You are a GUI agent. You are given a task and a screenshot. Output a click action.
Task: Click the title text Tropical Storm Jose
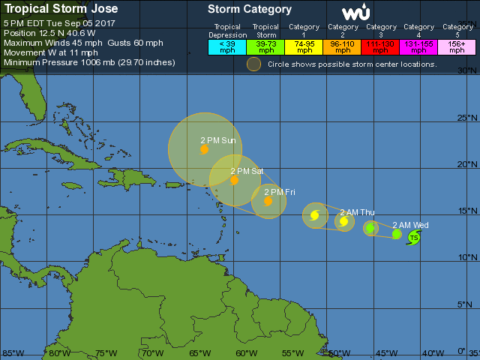(x=55, y=10)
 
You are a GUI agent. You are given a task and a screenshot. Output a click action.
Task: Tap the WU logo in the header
(x=355, y=13)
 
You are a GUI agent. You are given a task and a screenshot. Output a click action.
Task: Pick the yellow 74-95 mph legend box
(x=304, y=46)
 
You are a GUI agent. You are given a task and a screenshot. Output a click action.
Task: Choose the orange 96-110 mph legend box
(x=343, y=46)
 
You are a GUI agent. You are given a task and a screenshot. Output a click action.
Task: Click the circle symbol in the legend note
(x=254, y=64)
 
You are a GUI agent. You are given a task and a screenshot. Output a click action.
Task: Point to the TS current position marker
(x=414, y=238)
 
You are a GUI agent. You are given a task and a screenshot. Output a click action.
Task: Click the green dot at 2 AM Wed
(x=397, y=234)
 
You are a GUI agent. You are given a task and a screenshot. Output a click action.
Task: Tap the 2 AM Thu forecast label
(x=357, y=212)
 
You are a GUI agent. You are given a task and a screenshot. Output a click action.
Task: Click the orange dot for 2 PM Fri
(x=268, y=201)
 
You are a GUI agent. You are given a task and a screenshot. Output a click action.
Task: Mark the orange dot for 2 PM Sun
(x=204, y=149)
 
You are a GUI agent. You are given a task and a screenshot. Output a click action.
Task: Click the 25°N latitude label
(x=467, y=118)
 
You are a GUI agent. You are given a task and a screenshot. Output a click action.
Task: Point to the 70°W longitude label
(x=152, y=353)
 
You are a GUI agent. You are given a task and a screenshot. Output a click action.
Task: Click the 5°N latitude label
(x=469, y=304)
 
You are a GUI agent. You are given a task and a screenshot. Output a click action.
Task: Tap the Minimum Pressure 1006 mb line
(x=89, y=62)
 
